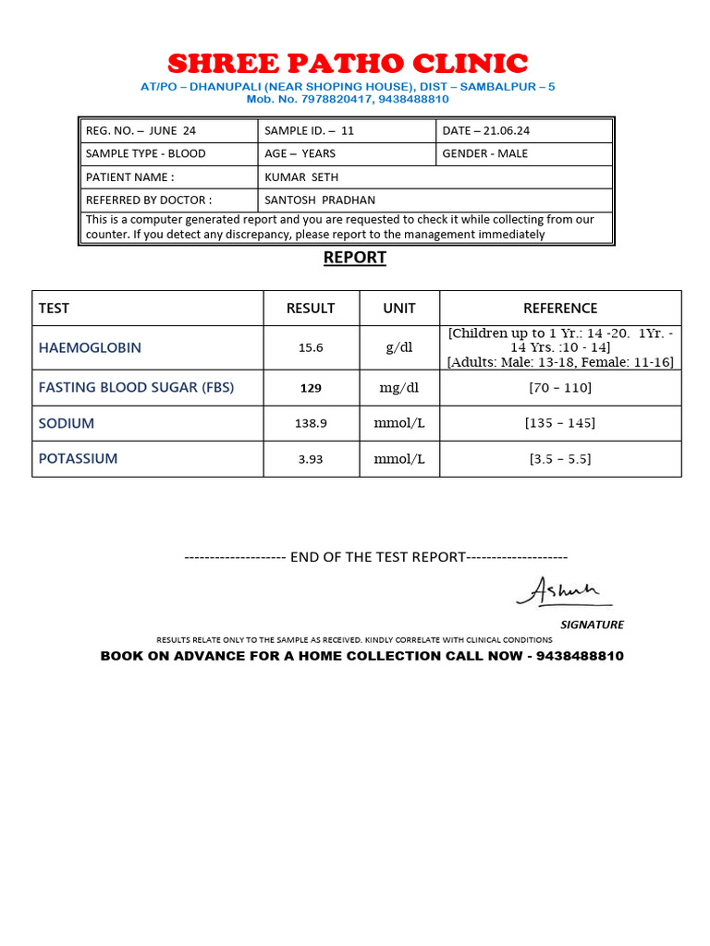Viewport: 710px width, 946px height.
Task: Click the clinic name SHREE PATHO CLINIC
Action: click(x=348, y=64)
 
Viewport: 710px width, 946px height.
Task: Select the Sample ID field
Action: click(x=310, y=130)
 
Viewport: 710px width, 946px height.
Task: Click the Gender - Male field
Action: click(x=485, y=153)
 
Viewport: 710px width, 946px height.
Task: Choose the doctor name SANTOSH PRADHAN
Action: click(x=320, y=200)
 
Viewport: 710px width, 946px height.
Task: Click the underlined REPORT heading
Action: click(x=355, y=258)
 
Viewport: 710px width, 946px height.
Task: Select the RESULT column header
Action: click(x=311, y=309)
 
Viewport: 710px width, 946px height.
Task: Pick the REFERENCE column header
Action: click(x=560, y=309)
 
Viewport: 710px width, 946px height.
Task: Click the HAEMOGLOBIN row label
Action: click(x=90, y=348)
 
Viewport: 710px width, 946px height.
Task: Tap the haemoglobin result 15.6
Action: click(x=311, y=348)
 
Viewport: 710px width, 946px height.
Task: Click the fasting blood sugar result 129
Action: click(x=311, y=388)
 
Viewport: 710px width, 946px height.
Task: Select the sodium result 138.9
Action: click(x=311, y=423)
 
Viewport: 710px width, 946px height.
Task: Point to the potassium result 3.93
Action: click(x=311, y=458)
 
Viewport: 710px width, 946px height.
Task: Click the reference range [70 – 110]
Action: click(x=560, y=388)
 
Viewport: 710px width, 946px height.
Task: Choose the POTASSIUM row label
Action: click(x=78, y=458)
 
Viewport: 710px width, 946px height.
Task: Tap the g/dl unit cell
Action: click(x=399, y=348)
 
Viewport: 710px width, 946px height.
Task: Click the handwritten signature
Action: click(x=564, y=591)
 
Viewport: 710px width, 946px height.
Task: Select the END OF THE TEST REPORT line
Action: click(x=376, y=557)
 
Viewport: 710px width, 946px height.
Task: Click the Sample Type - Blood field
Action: click(x=145, y=153)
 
